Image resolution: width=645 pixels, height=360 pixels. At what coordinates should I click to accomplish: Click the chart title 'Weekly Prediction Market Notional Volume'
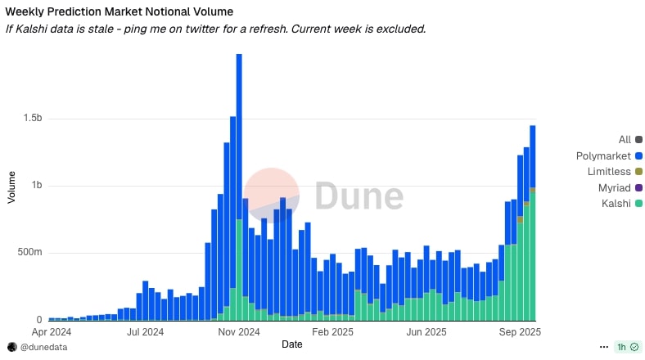(x=120, y=12)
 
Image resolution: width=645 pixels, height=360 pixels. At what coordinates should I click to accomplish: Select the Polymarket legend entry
(x=603, y=155)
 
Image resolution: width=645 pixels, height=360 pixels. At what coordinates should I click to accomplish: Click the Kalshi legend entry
(x=613, y=203)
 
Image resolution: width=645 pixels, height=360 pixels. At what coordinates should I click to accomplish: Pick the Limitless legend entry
(x=609, y=172)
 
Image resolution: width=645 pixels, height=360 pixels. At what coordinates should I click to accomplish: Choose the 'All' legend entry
(x=625, y=140)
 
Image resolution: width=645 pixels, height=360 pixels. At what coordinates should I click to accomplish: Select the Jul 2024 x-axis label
(x=146, y=333)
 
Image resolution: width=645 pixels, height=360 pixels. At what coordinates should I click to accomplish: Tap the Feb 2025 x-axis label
(x=331, y=333)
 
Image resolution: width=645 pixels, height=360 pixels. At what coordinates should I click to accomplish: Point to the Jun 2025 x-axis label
(x=426, y=333)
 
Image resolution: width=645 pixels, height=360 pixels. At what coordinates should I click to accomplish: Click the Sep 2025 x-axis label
(x=520, y=333)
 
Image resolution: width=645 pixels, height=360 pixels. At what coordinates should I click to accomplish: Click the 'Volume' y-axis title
(x=11, y=187)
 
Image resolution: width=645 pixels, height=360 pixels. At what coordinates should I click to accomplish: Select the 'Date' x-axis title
(x=292, y=344)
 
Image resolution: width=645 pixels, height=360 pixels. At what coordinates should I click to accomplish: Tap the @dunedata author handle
(x=43, y=347)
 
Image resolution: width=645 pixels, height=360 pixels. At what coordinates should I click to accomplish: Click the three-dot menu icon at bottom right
(x=604, y=347)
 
